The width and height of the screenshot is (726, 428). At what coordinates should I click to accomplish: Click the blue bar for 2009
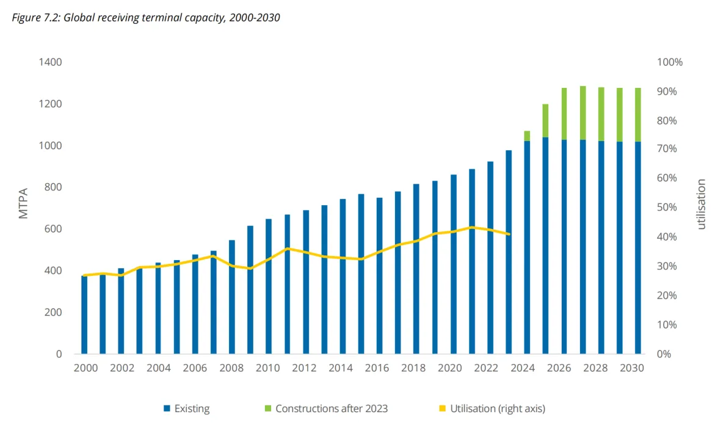tap(250, 305)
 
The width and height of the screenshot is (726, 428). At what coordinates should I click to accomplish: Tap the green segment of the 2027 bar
tap(583, 113)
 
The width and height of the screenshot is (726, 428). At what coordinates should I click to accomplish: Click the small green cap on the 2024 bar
tap(527, 136)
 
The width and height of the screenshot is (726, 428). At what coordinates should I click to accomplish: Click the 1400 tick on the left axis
tap(51, 62)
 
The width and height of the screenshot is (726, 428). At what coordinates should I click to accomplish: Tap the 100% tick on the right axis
tap(670, 62)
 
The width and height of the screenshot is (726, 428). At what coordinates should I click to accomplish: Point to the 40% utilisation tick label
tap(667, 237)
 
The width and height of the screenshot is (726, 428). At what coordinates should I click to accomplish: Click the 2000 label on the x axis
tap(84, 368)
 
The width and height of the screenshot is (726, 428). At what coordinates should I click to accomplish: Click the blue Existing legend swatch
tap(167, 408)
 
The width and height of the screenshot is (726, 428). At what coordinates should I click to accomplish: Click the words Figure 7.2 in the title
tap(34, 17)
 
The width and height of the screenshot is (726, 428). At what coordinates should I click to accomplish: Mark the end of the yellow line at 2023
tap(509, 234)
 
